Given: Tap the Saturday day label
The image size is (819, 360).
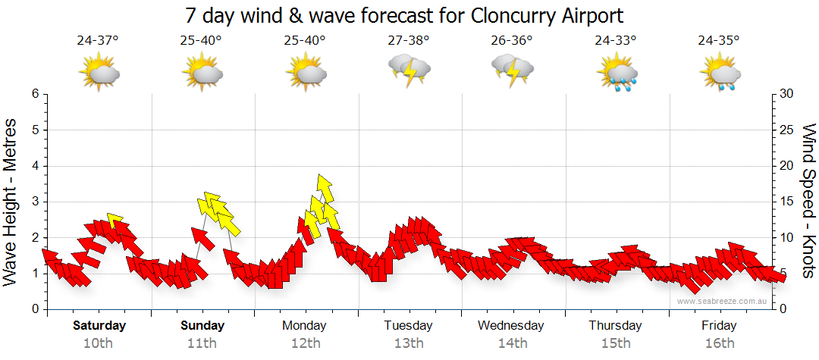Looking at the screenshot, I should point(99,326).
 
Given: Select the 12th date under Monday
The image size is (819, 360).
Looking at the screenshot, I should point(306,343).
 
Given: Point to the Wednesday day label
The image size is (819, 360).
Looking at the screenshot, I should point(511,326).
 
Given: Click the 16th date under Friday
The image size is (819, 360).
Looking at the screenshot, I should point(719,343).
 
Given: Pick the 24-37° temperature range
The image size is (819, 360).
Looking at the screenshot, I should point(98,40).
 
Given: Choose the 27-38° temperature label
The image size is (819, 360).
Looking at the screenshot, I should point(408,40).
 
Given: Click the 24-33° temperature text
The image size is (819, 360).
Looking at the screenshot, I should point(615,40).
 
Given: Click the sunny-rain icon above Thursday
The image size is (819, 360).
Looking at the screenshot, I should point(617,74).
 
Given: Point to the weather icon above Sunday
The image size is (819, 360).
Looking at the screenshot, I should point(202,74).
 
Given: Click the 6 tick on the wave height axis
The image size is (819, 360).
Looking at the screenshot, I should point(35,94).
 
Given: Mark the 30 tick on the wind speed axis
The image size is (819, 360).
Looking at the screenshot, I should point(787,94).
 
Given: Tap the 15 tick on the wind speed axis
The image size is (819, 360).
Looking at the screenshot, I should point(787,202).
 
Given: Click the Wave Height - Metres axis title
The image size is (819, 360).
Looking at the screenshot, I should point(11,201).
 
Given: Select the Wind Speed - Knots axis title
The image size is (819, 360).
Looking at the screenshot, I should point(808,201).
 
